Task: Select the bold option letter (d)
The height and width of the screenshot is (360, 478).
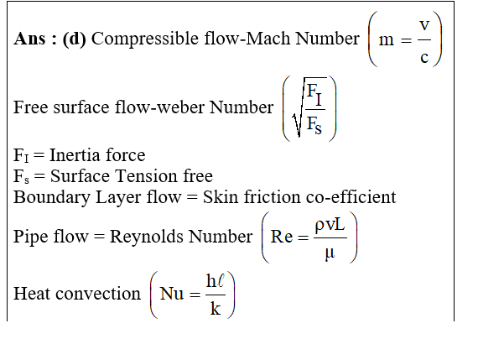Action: tap(75, 39)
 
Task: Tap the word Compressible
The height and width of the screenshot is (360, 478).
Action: tap(145, 39)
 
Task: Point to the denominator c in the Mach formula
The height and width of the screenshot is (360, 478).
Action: tap(424, 57)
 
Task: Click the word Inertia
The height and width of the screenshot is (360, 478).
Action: tap(75, 155)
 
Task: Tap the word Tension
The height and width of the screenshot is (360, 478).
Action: tap(147, 176)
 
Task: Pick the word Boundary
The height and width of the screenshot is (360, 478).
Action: tap(52, 198)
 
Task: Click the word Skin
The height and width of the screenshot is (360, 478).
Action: tap(221, 197)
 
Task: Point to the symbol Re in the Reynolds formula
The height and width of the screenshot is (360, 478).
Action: tap(282, 237)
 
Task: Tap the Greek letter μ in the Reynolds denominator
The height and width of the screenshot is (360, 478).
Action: tap(330, 253)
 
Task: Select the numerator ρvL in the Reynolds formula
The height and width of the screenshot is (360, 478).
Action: tap(330, 226)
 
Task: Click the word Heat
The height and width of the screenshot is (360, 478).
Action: tap(32, 294)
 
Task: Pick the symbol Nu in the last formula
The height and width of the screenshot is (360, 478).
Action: tap(172, 294)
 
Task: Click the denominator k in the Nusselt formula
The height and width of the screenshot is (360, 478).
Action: tap(216, 309)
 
